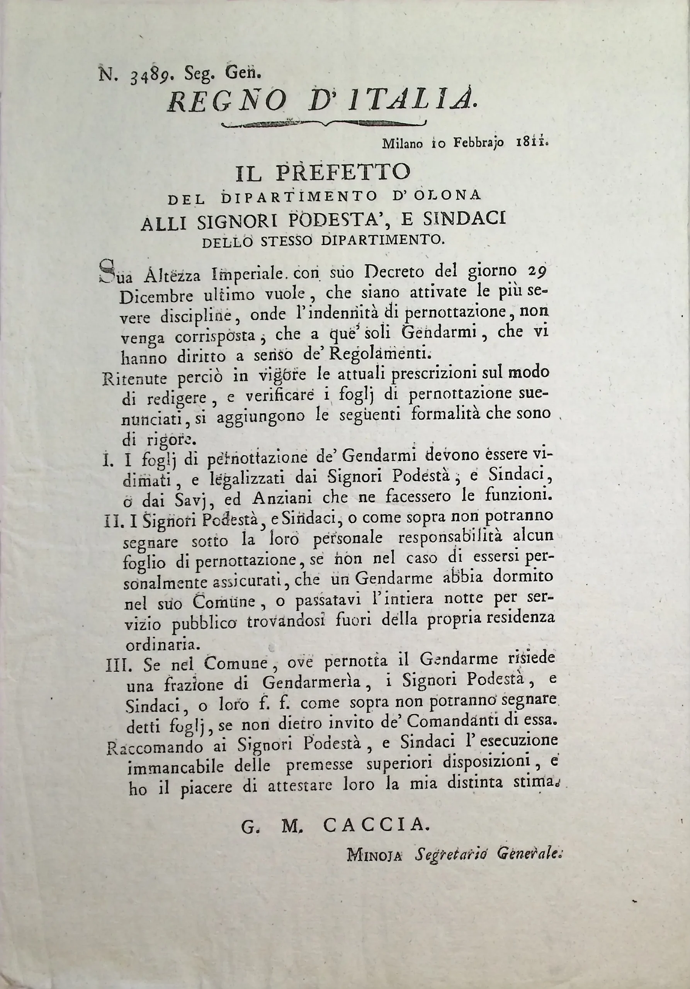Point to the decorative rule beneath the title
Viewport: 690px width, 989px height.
pyautogui.click(x=323, y=124)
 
